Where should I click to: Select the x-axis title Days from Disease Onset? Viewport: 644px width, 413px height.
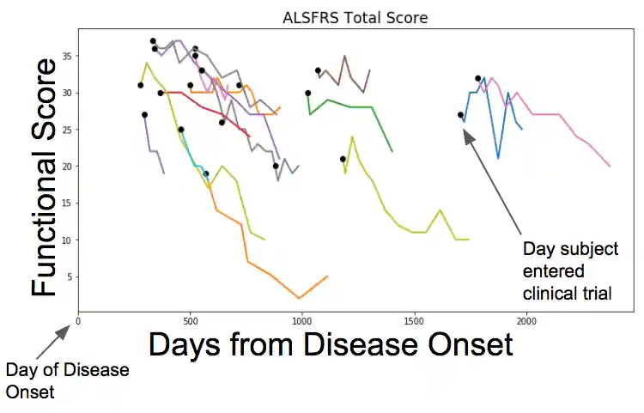pos(331,345)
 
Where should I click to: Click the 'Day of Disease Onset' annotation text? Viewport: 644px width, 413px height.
pos(67,381)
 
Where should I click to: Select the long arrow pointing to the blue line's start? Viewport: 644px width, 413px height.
pos(492,180)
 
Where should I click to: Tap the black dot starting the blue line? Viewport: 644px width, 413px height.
pos(460,114)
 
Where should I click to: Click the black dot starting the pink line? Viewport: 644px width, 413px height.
pos(477,78)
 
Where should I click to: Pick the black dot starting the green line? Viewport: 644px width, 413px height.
pos(307,93)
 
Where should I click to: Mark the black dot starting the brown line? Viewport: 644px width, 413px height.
pos(318,70)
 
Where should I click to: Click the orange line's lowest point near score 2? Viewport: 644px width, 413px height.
pos(300,298)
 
